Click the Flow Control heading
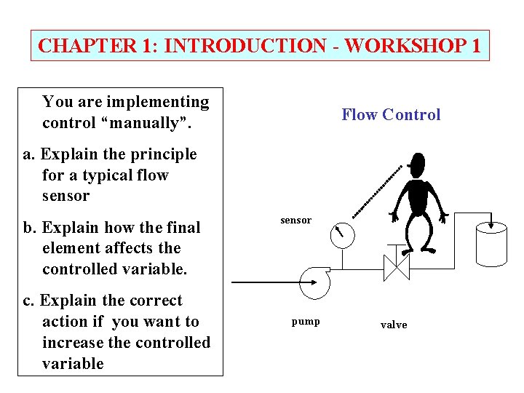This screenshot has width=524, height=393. tap(391, 114)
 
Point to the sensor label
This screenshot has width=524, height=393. tap(295, 220)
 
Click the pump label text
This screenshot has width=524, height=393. tap(306, 321)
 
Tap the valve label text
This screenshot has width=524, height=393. tap(394, 325)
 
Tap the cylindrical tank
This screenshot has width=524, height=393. tap(491, 245)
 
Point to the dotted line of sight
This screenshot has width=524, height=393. tap(377, 191)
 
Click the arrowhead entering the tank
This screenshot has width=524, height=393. tap(493, 223)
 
